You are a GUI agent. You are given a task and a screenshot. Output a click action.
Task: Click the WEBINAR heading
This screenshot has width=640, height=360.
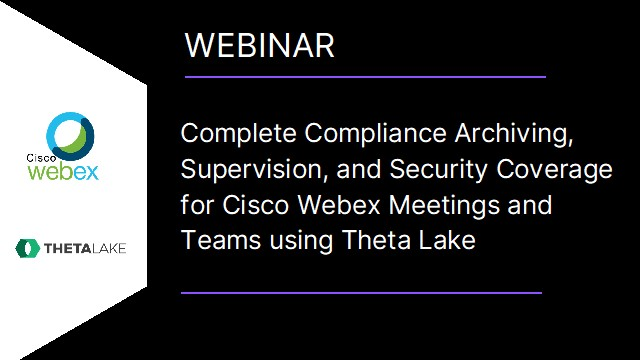(260, 45)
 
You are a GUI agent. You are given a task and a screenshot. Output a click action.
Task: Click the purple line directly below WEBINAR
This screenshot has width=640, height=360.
(365, 76)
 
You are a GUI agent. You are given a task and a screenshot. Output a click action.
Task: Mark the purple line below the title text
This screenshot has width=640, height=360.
(362, 293)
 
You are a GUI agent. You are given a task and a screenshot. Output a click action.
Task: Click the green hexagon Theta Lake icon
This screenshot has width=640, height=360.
(26, 247)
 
